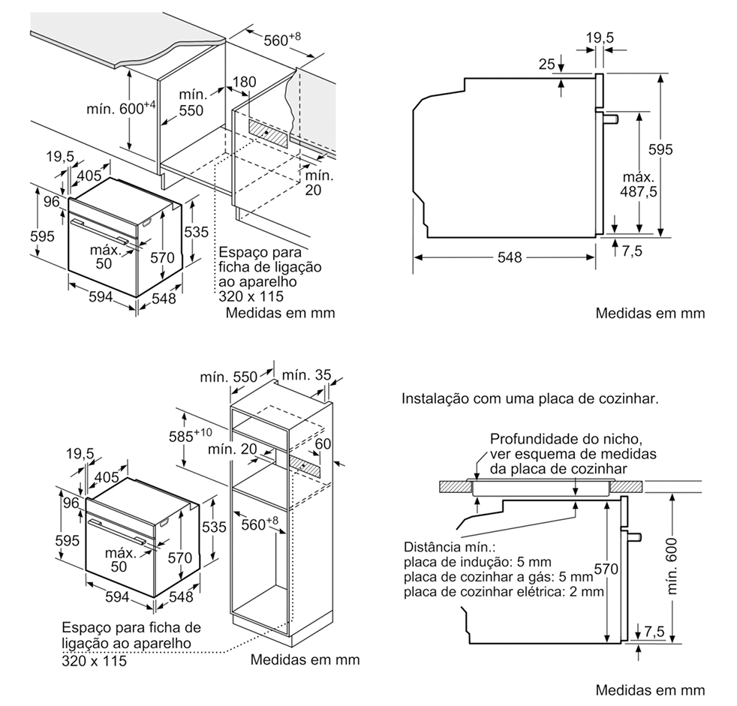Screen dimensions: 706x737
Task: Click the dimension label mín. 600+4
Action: (x=121, y=107)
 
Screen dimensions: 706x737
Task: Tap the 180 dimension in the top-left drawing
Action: (x=245, y=82)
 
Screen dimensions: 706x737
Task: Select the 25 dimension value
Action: (x=546, y=65)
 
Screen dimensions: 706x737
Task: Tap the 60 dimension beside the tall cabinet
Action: (x=323, y=444)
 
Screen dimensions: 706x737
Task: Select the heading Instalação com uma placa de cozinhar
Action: (x=531, y=398)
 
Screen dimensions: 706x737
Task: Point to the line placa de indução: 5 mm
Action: (x=477, y=562)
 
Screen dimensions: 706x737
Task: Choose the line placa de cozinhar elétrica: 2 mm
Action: (x=504, y=592)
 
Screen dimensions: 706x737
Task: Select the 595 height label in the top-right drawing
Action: (x=660, y=149)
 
